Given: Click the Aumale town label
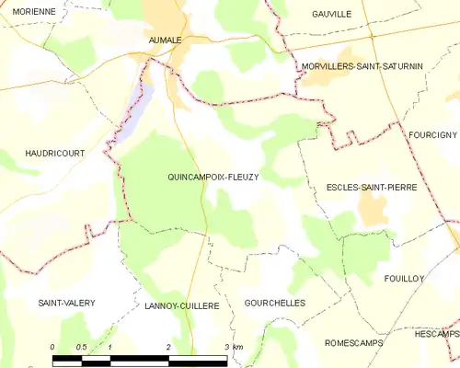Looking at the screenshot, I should pos(166,40).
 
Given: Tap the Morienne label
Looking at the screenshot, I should pos(28,11).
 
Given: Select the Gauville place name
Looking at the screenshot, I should pos(332,14).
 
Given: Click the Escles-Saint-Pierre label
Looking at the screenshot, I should pos(372,187).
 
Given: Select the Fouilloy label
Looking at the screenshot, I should pos(404,277).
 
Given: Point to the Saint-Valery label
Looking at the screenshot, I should pos(66,303).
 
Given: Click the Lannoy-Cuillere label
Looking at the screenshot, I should pos(182,305).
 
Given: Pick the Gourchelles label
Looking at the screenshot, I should pos(274,302).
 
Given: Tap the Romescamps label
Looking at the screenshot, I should pos(354,341).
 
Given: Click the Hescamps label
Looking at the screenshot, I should pos(436,333).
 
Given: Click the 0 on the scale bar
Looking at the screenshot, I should pos(52,346).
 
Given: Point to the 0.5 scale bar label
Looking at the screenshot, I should pos(81,346).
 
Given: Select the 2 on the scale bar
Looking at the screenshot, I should pos(169,346).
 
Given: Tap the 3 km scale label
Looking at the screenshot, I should pos(233,346).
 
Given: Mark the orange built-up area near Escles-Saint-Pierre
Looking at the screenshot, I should pos(372,210).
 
